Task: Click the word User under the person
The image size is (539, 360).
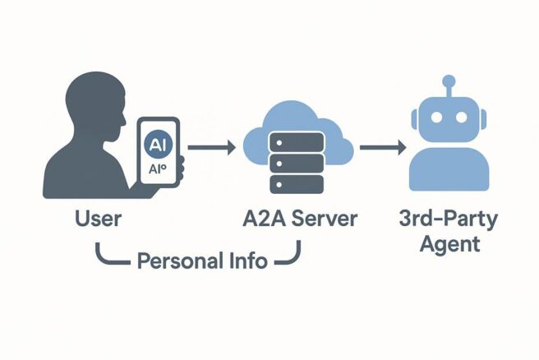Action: click(x=98, y=219)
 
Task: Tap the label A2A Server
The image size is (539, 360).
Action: click(x=300, y=219)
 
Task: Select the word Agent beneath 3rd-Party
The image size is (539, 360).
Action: click(x=449, y=244)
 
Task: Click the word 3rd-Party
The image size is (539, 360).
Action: click(x=449, y=219)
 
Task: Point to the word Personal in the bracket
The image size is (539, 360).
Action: click(x=175, y=263)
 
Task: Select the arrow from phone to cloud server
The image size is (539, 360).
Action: click(x=212, y=148)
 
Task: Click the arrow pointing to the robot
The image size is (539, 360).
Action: click(x=383, y=148)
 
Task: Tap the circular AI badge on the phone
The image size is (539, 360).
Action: click(x=157, y=143)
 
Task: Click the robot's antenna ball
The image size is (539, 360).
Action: click(x=449, y=81)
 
